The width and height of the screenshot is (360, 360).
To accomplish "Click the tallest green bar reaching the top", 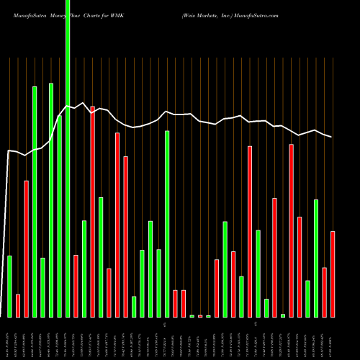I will click(x=68, y=158).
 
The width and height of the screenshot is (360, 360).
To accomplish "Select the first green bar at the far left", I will click(x=9, y=287).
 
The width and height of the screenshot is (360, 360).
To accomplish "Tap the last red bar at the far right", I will click(x=333, y=274).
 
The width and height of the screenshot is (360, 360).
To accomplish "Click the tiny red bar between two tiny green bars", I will click(x=200, y=316).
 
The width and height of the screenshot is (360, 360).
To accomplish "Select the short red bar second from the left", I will click(x=18, y=306).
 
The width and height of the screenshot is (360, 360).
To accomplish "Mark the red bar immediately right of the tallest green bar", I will click(x=76, y=286).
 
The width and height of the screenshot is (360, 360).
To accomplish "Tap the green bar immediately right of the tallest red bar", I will click(x=101, y=257).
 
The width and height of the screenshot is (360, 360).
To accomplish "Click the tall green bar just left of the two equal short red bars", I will click(x=167, y=224).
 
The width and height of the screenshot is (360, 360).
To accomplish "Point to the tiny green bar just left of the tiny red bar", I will click(x=192, y=316).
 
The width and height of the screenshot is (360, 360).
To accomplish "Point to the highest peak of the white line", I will click(x=84, y=103).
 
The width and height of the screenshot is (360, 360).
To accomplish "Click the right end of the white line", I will click(x=332, y=137).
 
